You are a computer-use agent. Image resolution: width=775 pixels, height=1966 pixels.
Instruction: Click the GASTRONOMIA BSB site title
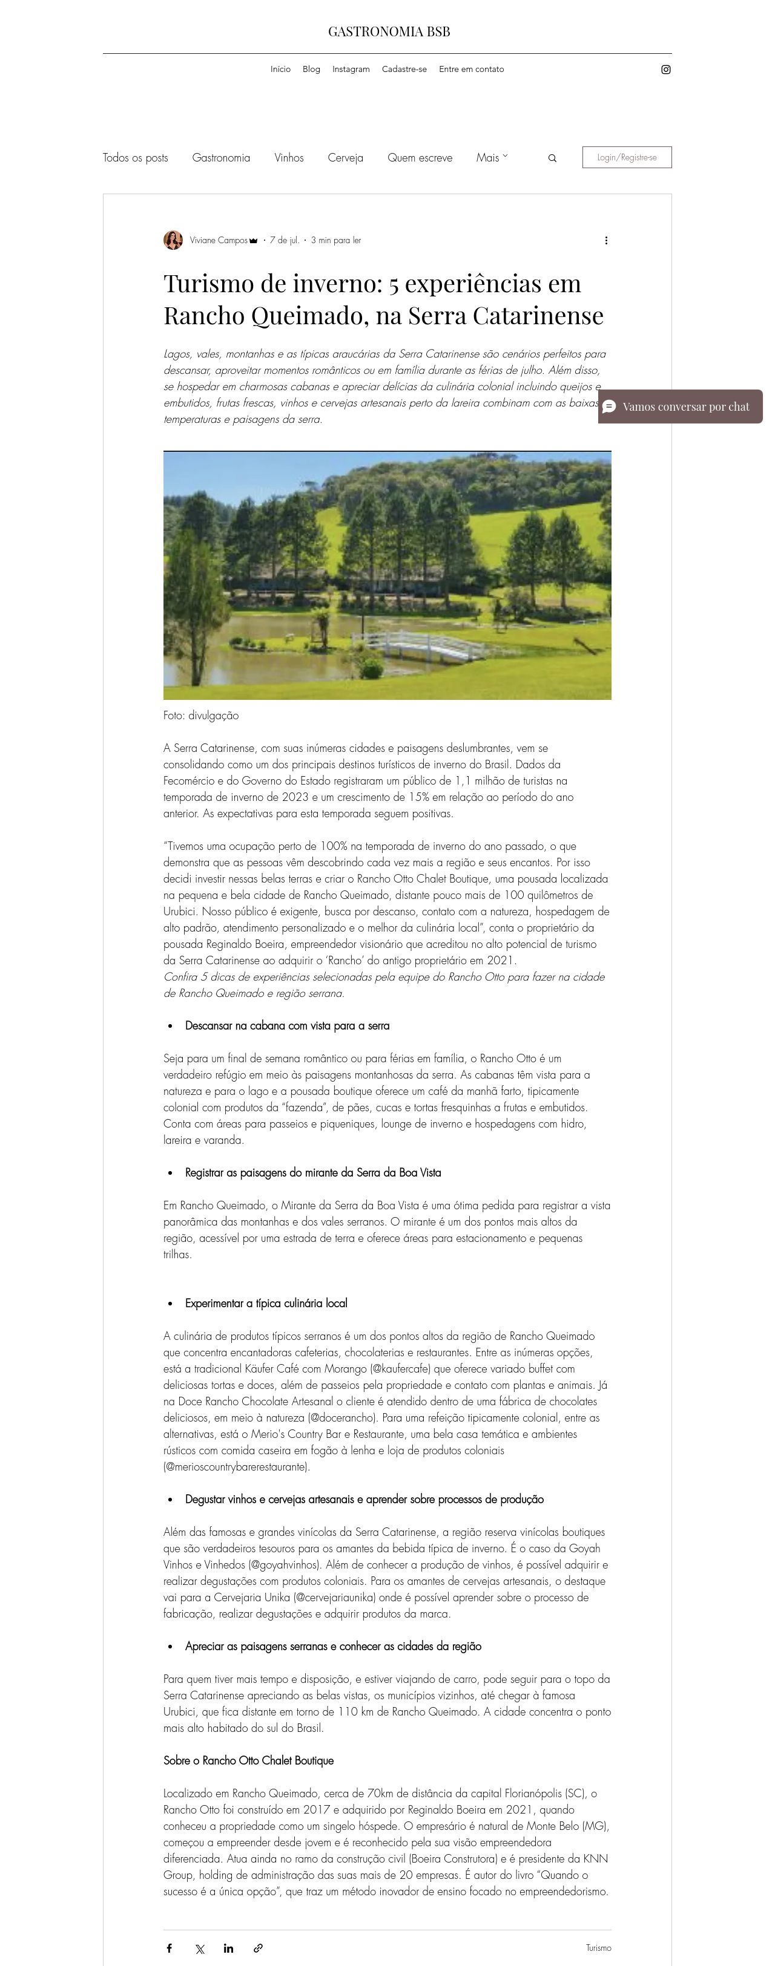point(389,31)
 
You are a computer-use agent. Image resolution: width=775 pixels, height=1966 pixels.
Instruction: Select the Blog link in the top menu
point(311,70)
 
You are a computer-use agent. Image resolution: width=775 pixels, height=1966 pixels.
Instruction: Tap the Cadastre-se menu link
point(404,70)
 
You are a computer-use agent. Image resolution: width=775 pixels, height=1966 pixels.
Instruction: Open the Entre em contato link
point(471,70)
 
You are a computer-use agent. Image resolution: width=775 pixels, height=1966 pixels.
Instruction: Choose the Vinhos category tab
point(289,158)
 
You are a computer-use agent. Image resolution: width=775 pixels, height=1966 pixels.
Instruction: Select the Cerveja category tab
point(345,158)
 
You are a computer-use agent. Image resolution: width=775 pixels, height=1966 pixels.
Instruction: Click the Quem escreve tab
point(419,158)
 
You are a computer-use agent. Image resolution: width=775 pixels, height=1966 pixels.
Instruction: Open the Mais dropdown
point(491,158)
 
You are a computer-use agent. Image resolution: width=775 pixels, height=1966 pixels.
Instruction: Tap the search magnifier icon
point(552,158)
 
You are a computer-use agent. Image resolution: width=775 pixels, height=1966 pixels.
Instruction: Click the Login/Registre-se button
point(626,157)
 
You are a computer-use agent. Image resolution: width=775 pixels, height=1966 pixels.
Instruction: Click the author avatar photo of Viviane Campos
point(173,240)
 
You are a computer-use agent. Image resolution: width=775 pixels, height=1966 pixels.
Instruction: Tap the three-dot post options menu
point(606,240)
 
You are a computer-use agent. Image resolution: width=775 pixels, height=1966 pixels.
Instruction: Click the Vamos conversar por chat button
point(679,407)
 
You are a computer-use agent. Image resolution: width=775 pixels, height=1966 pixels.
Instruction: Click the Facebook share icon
point(170,1948)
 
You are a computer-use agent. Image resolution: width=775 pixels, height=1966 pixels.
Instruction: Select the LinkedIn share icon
point(228,1948)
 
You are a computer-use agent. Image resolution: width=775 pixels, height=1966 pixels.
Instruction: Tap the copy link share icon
point(258,1948)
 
